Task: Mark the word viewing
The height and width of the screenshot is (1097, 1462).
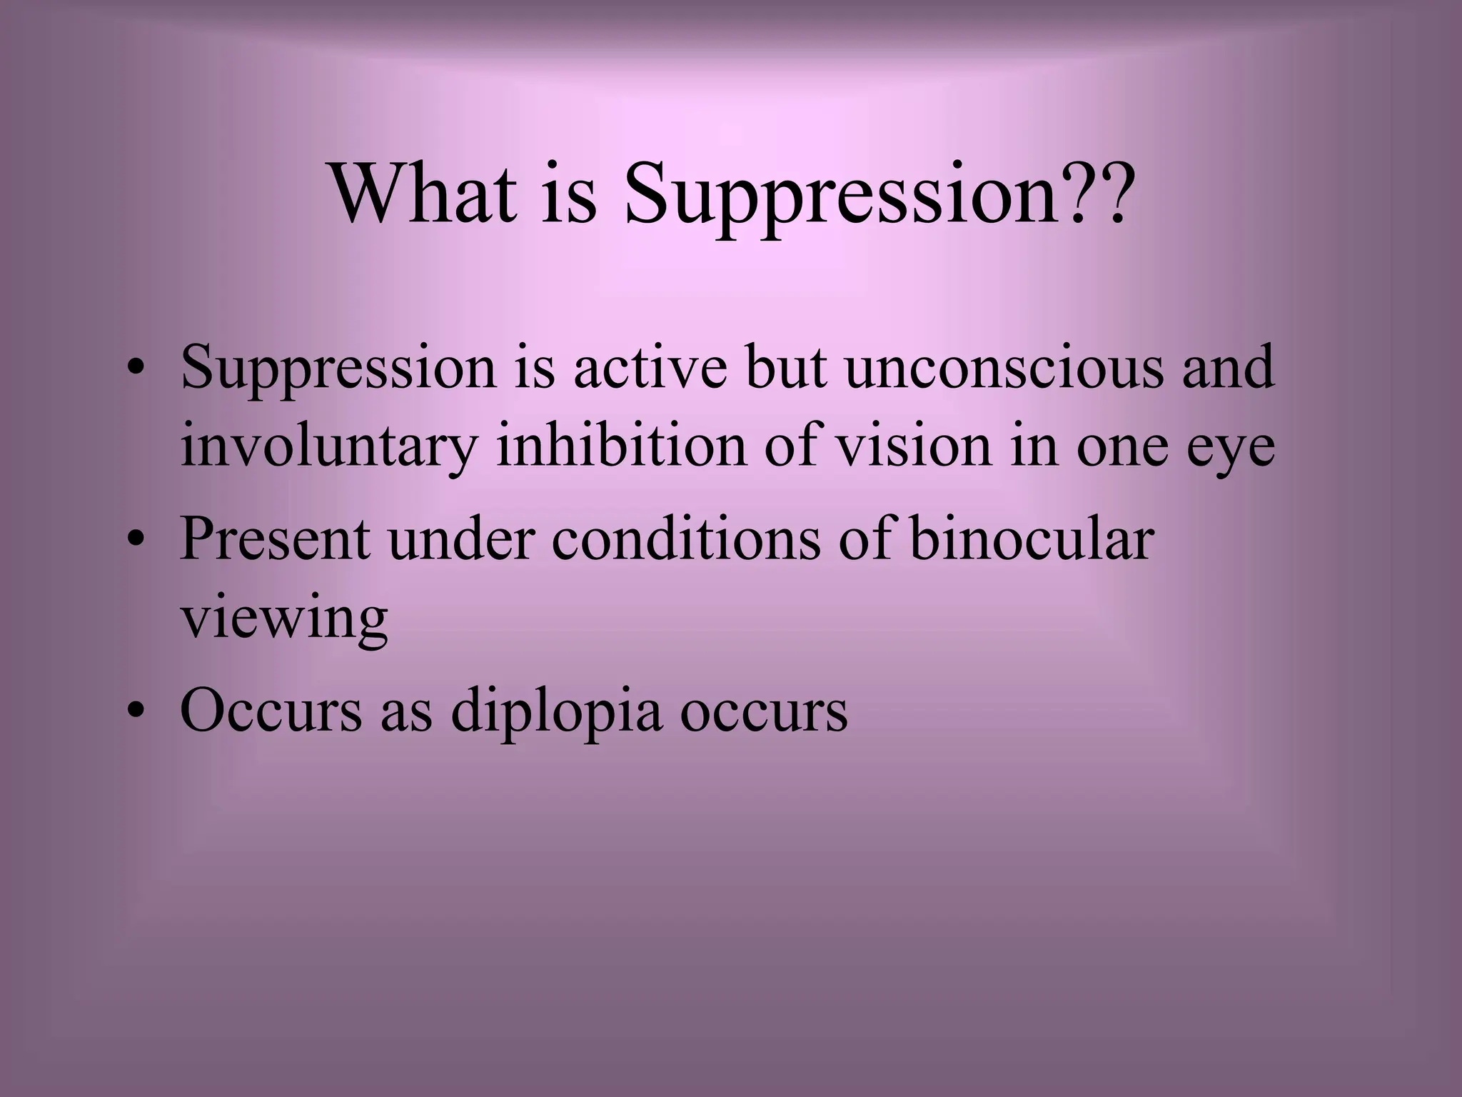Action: tap(283, 619)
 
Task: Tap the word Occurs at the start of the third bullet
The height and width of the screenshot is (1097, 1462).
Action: tap(271, 711)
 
